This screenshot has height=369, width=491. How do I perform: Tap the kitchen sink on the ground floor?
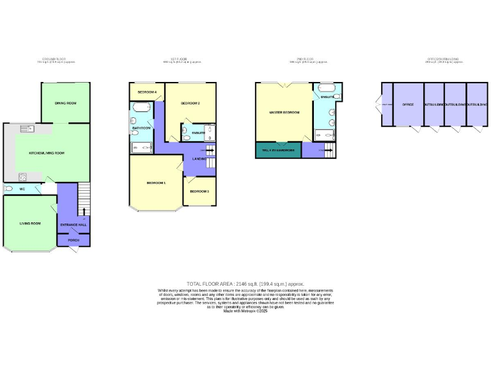pyautogui.click(x=27, y=130)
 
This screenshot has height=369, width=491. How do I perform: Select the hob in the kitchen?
pyautogui.click(x=22, y=176)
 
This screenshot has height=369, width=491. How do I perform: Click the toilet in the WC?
pyautogui.click(x=9, y=189)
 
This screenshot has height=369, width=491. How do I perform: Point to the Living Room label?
pyautogui.click(x=30, y=223)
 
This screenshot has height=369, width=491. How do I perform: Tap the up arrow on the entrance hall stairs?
pyautogui.click(x=83, y=211)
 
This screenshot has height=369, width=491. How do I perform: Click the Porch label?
pyautogui.click(x=73, y=240)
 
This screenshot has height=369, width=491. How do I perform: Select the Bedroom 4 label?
pyautogui.click(x=147, y=92)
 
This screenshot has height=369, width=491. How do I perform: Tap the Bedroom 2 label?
pyautogui.click(x=190, y=103)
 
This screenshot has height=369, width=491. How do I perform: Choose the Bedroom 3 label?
pyautogui.click(x=199, y=191)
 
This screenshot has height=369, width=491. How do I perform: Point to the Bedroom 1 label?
pyautogui.click(x=156, y=183)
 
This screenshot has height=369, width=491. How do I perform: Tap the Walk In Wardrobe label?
pyautogui.click(x=277, y=151)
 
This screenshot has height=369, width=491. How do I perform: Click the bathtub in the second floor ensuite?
pyautogui.click(x=327, y=87)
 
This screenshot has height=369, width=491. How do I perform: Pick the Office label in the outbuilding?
pyautogui.click(x=407, y=104)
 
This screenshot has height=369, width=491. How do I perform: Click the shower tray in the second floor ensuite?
pyautogui.click(x=324, y=135)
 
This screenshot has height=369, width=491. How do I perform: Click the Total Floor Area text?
pyautogui.click(x=245, y=284)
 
